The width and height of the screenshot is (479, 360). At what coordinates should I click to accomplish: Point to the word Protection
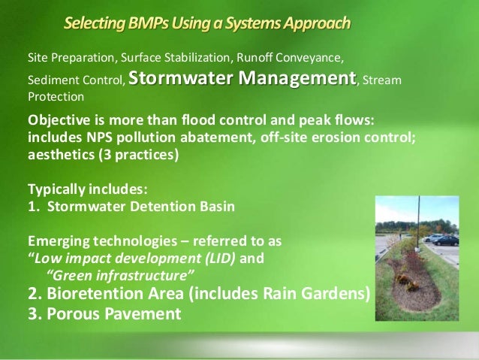point(56,97)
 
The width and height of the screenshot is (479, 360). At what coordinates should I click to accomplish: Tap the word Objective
point(58,122)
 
